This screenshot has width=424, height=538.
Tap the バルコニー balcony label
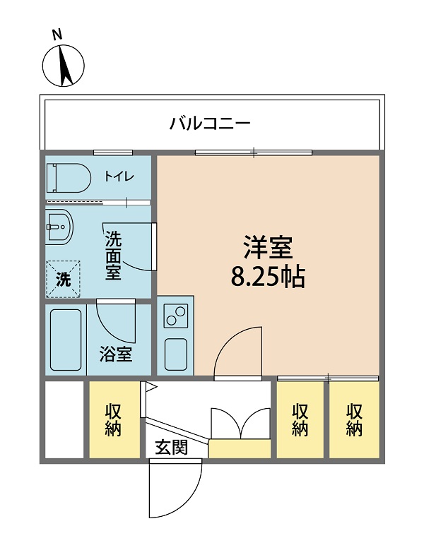[210, 124]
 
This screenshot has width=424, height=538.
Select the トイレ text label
[118, 177]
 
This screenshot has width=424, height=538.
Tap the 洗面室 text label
[113, 256]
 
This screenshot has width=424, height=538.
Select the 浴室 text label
[115, 354]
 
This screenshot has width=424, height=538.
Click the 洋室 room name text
[268, 249]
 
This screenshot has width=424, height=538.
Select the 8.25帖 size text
[268, 277]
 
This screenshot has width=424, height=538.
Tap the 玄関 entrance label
[172, 447]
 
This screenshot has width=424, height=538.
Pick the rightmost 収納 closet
[354, 419]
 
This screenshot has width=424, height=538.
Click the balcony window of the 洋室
[254, 152]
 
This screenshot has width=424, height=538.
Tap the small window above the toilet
[113, 152]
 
